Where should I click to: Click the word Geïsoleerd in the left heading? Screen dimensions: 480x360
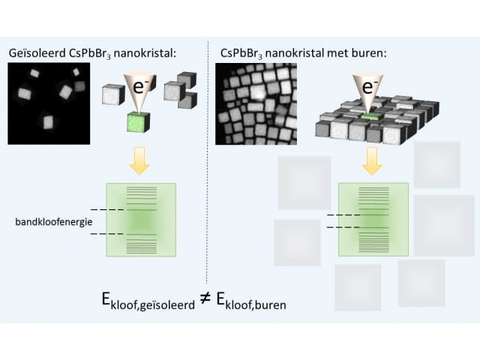coord(37,53)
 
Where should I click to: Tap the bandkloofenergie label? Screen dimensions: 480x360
coord(54,222)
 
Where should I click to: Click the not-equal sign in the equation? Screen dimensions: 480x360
coord(205,298)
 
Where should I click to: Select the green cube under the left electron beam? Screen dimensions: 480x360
coord(138,122)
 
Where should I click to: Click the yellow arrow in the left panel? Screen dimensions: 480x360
coord(139,160)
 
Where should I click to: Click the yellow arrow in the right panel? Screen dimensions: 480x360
coord(372,161)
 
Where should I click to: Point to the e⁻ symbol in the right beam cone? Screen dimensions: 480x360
coord(369,87)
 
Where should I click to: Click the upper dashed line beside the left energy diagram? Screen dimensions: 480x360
coord(107,210)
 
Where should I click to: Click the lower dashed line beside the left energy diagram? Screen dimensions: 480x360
coord(107,234)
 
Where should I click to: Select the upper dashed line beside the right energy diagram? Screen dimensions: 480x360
coord(343,215)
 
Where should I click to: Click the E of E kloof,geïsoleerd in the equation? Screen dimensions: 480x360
coord(106,299)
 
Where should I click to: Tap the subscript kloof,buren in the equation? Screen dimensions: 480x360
coord(256,305)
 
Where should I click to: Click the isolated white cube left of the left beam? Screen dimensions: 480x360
coord(113,95)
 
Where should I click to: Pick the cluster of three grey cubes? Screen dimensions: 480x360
coord(181,90)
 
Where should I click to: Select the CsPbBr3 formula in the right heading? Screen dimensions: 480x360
coord(241,53)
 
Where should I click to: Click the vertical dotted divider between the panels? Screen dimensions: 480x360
coord(207,162)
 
